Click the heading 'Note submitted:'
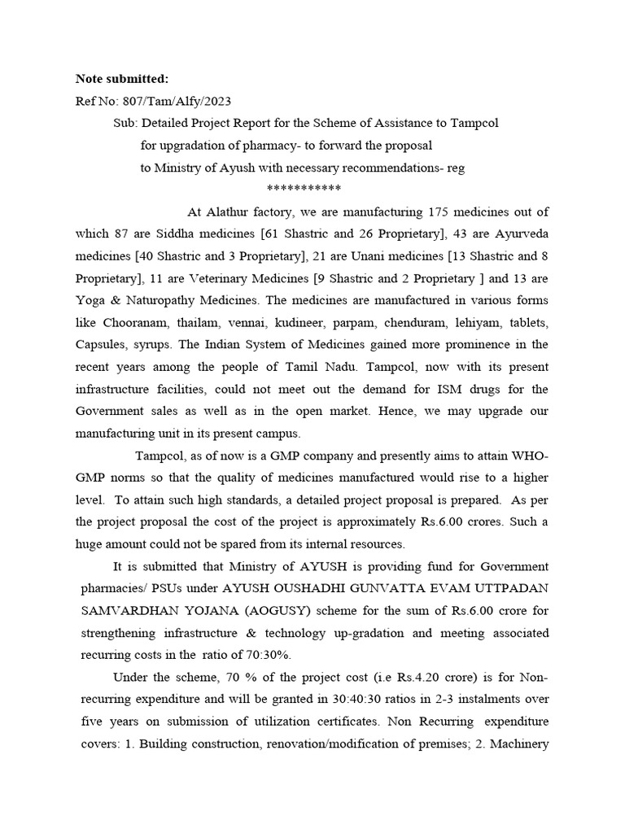[122, 78]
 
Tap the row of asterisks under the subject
[304, 188]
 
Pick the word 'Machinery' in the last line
[520, 742]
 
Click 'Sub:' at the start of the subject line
[126, 123]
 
